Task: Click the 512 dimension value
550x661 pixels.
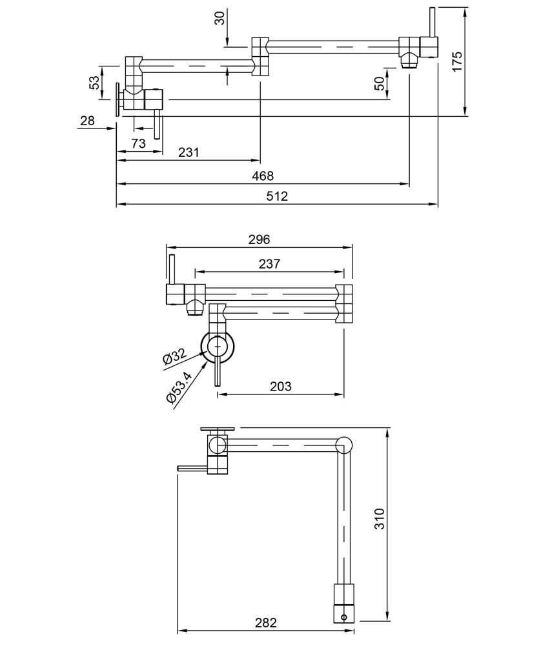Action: pos(277,196)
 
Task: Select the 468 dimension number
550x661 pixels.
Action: pos(263,176)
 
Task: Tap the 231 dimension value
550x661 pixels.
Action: pos(188,152)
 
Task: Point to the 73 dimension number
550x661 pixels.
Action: pos(139,143)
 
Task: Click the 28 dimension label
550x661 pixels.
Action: pos(87,121)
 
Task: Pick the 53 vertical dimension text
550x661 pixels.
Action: pos(94,83)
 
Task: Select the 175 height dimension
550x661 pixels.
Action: pos(458,62)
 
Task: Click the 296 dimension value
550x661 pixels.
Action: pos(259,239)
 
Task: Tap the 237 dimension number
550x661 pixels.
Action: pos(270,264)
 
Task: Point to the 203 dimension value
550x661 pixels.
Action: pos(280,387)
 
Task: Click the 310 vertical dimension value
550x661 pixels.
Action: pos(380,519)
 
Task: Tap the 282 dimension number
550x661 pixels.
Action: pos(265,623)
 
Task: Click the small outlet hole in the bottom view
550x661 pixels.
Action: pos(343,616)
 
